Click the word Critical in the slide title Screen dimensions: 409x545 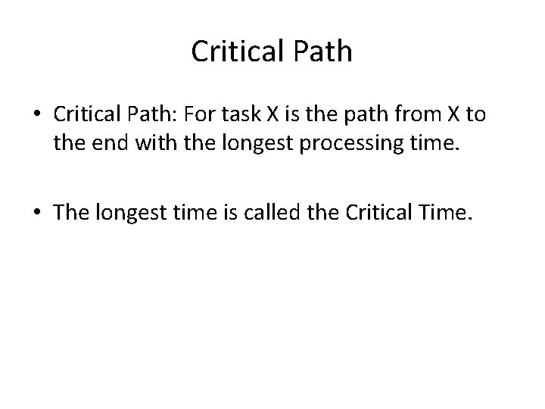(235, 52)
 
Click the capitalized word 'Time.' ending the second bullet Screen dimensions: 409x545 (447, 214)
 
